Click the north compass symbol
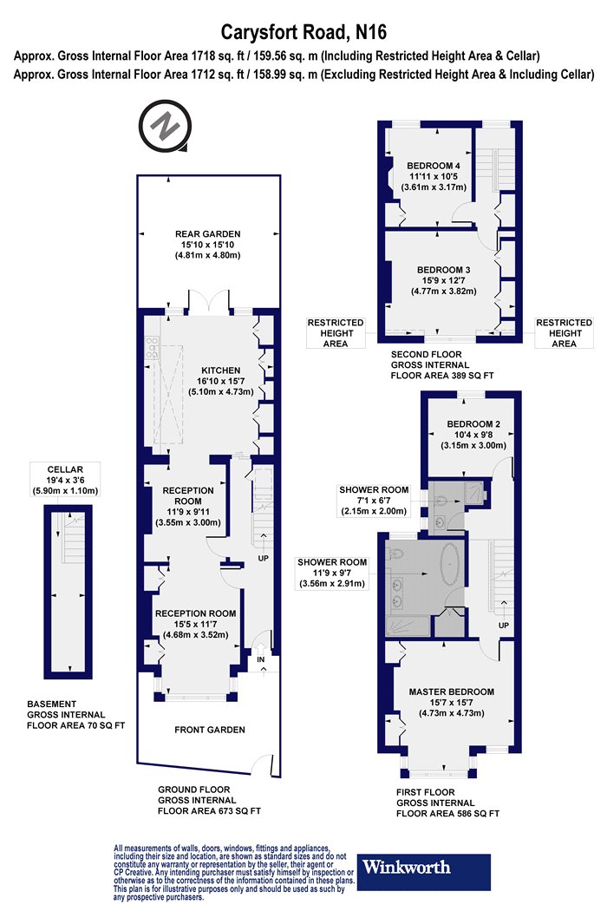[165, 126]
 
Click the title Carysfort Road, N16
[303, 32]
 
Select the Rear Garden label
[207, 245]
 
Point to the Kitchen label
[221, 381]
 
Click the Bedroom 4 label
[434, 177]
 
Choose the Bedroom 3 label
[444, 280]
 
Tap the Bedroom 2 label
[473, 435]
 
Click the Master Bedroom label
[451, 703]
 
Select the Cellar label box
[65, 480]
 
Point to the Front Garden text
[210, 730]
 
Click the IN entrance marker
[261, 660]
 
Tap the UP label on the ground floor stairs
[263, 559]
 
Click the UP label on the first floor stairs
[504, 626]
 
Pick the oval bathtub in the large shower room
[449, 564]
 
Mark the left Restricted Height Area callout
[336, 333]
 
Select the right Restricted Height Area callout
[564, 333]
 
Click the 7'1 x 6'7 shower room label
[374, 501]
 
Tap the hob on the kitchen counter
[153, 347]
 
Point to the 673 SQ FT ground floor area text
[209, 810]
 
